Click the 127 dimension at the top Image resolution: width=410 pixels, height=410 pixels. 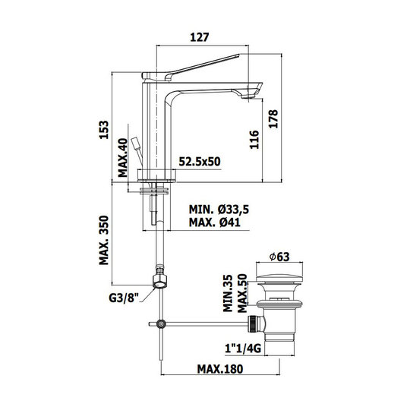click(199, 37)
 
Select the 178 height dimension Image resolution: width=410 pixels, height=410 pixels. click(273, 119)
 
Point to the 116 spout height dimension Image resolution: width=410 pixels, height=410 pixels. click(254, 140)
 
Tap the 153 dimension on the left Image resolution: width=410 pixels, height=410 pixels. click(103, 130)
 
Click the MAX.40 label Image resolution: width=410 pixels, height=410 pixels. click(122, 158)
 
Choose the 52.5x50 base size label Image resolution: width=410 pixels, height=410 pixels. click(200, 162)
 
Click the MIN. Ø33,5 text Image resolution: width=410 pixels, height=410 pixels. click(219, 210)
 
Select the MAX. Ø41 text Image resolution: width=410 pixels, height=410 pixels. click(214, 222)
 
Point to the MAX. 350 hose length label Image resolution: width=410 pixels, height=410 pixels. click(103, 240)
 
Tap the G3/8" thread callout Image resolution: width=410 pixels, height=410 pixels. click(124, 298)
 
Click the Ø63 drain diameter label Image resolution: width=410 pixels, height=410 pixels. click(279, 257)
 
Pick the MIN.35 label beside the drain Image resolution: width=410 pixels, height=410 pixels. click(228, 293)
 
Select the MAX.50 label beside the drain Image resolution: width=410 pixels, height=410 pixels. click(242, 293)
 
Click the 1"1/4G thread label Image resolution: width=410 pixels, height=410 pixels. click(243, 348)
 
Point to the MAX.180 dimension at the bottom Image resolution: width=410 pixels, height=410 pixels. click(220, 369)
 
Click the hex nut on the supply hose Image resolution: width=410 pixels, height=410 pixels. click(159, 281)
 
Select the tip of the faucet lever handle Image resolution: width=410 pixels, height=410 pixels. click(238, 55)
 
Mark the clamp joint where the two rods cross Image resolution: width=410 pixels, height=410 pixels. click(161, 324)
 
